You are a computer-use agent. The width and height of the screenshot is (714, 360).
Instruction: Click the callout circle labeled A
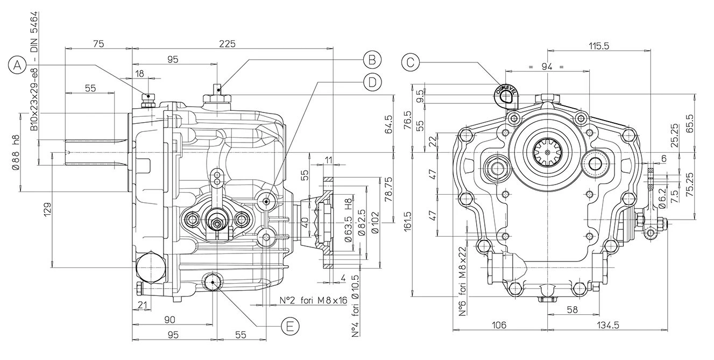tap(18, 66)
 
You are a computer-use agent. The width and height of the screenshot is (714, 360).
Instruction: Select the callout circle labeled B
tap(371, 59)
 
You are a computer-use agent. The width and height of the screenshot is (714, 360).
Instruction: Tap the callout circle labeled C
tap(411, 62)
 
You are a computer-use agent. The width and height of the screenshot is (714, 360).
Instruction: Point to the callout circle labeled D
tap(371, 82)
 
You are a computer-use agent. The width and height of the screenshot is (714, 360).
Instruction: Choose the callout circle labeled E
tap(290, 326)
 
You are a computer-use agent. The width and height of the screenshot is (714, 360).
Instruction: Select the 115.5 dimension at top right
tap(598, 46)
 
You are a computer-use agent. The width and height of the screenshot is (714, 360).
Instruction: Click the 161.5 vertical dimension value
tap(407, 222)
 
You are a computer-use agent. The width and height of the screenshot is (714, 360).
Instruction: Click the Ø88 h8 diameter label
tap(16, 151)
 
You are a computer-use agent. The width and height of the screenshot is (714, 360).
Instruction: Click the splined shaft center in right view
tap(548, 153)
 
